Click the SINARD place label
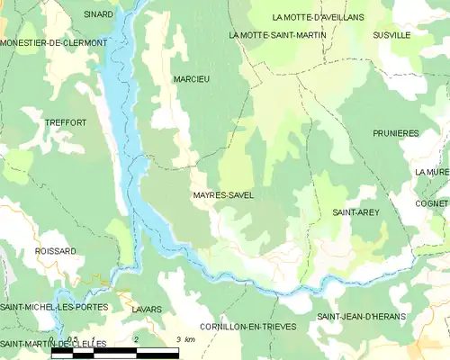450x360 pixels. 98,14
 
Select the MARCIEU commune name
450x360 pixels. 191,79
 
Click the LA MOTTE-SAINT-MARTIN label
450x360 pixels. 277,35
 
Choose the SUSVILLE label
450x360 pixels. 391,35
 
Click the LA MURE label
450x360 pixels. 432,172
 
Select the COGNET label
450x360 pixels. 433,203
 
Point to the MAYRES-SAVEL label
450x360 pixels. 223,194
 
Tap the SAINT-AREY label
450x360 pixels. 355,212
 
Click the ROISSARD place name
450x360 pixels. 55,251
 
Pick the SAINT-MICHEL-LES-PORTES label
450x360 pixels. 54,307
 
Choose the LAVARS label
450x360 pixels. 146,309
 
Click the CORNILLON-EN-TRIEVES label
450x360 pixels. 248,326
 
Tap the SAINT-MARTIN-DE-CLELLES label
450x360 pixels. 53,344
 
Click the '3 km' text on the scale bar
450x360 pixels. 185,339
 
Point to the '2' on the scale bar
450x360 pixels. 135,339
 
